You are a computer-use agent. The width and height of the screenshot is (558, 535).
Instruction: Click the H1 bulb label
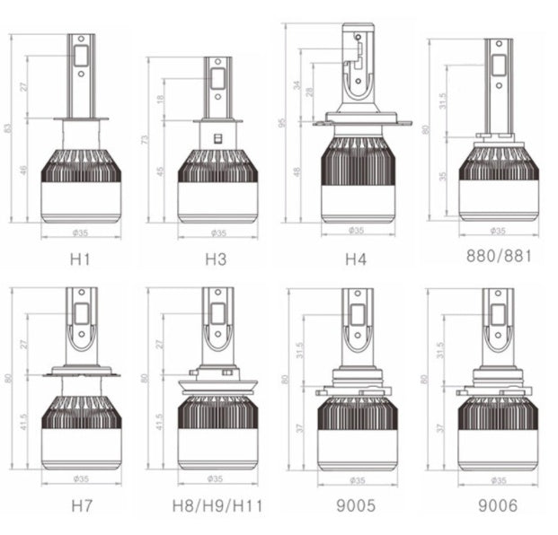coord(80,261)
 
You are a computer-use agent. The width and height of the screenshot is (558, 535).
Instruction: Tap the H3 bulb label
coord(216,261)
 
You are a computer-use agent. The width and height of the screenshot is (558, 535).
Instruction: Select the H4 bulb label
coord(356,260)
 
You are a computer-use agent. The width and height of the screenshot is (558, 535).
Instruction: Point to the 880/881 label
coord(500,255)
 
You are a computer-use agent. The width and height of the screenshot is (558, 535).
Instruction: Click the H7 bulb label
coord(80,505)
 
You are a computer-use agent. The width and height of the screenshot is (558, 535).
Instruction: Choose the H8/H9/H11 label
coord(217,505)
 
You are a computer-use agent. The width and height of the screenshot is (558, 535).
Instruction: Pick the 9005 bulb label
coord(356,505)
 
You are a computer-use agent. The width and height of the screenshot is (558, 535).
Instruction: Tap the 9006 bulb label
coord(497,505)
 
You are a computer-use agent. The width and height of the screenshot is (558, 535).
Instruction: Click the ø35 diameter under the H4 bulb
coord(357,231)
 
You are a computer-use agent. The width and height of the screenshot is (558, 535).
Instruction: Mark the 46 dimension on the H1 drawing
coord(24,171)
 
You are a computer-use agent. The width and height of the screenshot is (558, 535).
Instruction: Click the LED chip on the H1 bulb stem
coord(80,56)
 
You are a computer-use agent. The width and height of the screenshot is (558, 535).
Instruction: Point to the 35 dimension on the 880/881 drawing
coord(443,177)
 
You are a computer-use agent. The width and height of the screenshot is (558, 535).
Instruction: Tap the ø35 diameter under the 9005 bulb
coord(357,479)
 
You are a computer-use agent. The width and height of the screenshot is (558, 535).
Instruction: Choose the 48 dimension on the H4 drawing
coord(297,172)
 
